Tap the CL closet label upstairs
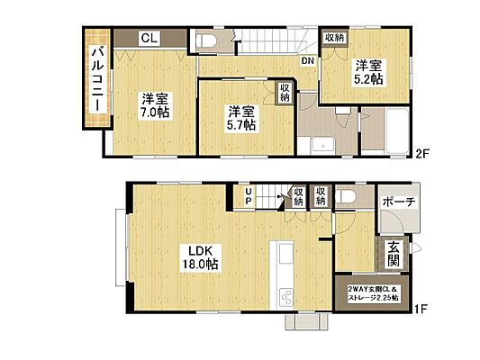click(x=149, y=38)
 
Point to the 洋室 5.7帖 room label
click(x=240, y=118)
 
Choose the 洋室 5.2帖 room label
click(x=367, y=72)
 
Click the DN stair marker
click(x=308, y=61)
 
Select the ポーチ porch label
click(x=397, y=202)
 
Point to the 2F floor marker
click(x=421, y=153)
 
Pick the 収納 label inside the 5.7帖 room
click(x=285, y=93)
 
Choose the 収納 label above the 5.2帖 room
click(x=334, y=38)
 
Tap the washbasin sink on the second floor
click(x=318, y=148)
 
